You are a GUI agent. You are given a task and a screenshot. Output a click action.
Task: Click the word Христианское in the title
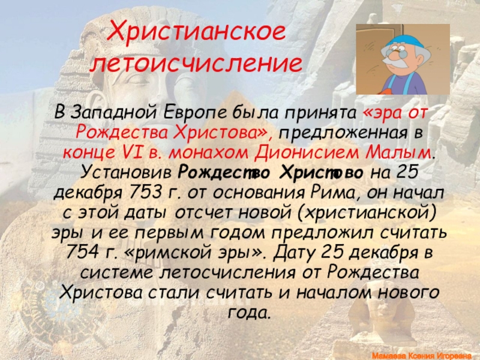(196, 32)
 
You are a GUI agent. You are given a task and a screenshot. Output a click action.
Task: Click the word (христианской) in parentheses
(367, 214)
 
